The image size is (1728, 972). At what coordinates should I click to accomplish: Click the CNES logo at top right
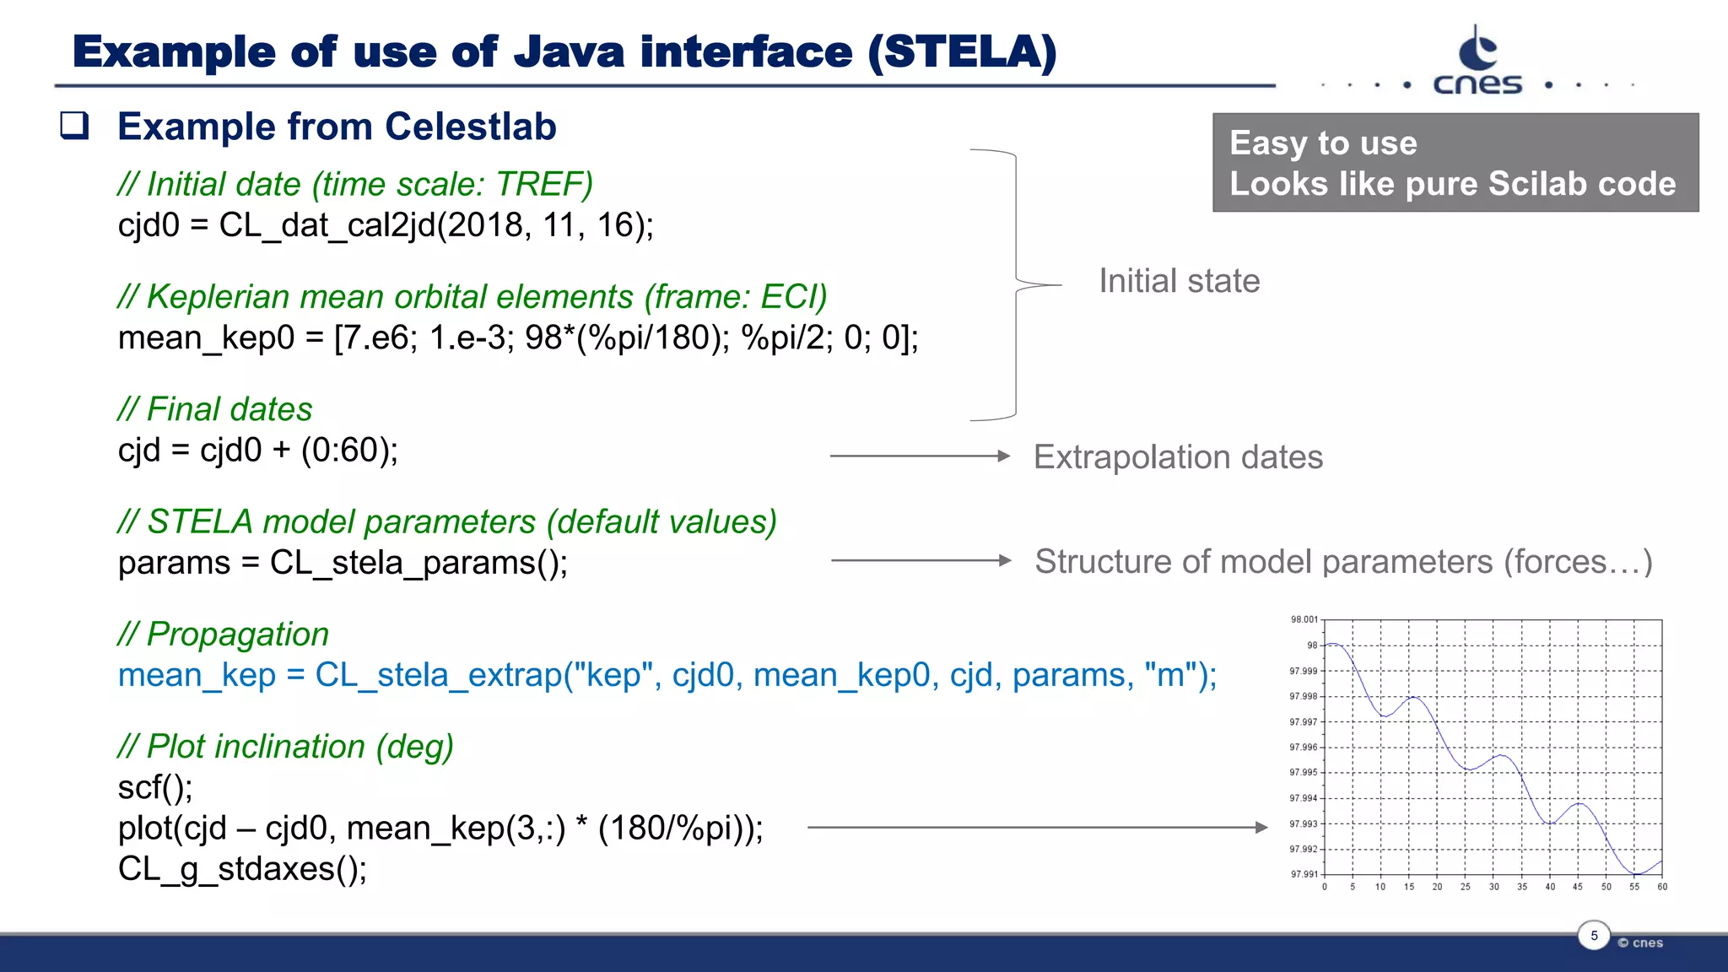(x=1477, y=62)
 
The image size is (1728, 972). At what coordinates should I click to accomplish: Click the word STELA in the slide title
(x=962, y=52)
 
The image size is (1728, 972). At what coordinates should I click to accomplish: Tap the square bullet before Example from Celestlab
(x=74, y=126)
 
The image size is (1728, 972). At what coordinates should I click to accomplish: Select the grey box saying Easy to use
(x=1455, y=163)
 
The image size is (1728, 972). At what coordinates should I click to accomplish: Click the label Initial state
(x=1179, y=281)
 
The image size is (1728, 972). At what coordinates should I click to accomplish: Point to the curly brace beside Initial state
(x=1017, y=284)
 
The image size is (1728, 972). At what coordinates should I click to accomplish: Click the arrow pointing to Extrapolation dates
(x=920, y=456)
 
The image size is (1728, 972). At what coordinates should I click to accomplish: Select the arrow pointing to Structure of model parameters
(x=920, y=560)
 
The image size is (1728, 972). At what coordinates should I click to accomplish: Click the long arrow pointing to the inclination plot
(x=1037, y=828)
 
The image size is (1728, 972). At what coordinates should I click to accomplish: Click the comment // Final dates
(x=215, y=409)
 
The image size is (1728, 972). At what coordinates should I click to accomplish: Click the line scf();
(x=155, y=787)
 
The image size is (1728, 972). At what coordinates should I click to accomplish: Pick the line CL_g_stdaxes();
(x=242, y=869)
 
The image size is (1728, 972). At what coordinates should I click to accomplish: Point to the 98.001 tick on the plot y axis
(x=1304, y=619)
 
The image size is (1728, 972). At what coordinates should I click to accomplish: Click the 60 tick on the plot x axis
(x=1661, y=887)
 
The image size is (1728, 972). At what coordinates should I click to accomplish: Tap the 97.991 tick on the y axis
(x=1304, y=874)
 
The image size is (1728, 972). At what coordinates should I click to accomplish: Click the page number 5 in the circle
(x=1594, y=935)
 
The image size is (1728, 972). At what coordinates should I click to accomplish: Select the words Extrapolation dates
(x=1178, y=457)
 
